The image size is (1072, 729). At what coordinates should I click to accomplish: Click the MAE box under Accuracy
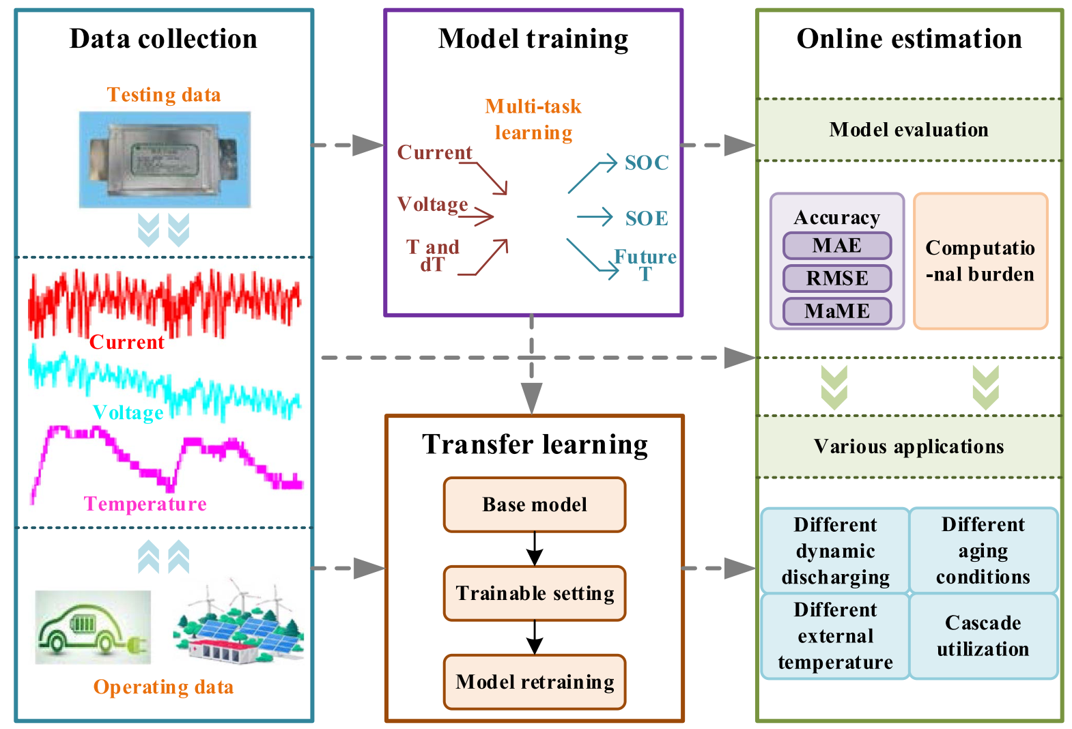pos(836,246)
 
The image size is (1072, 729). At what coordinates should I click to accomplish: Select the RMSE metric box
pos(836,278)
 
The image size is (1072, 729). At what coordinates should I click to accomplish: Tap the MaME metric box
pos(836,311)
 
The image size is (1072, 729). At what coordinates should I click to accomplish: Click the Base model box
pos(534,504)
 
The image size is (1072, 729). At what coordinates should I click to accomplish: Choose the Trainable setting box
pos(534,593)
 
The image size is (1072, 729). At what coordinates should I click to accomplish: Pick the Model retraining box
pos(534,682)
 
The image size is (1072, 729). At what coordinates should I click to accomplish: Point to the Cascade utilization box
pos(983,635)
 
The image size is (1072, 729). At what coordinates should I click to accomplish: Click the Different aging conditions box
pos(983,550)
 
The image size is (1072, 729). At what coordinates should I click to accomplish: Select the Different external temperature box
pos(835,635)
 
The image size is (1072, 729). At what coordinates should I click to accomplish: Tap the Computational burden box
pos(980,261)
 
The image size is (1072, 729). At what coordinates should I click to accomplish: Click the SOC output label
pos(647,163)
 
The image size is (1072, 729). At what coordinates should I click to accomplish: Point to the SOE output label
pos(647,218)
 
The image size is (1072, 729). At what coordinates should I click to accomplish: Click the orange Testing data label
pos(164,95)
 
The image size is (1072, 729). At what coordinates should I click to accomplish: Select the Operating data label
pos(163,687)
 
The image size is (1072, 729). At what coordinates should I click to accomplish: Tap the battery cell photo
pos(165,160)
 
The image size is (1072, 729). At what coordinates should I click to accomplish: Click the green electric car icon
pos(93,627)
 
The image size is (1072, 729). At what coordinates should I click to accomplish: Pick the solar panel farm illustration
pos(238,621)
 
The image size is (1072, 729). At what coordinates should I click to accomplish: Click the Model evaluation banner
pos(909,130)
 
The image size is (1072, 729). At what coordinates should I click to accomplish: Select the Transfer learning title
pos(535,444)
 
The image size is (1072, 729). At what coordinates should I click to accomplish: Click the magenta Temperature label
pos(145,504)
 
